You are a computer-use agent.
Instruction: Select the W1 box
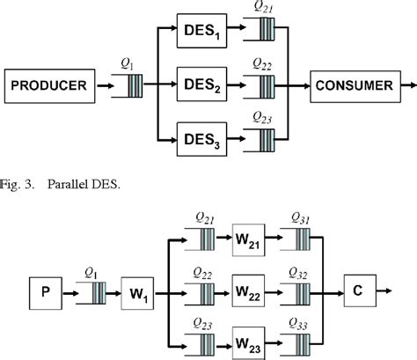tap(139, 288)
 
